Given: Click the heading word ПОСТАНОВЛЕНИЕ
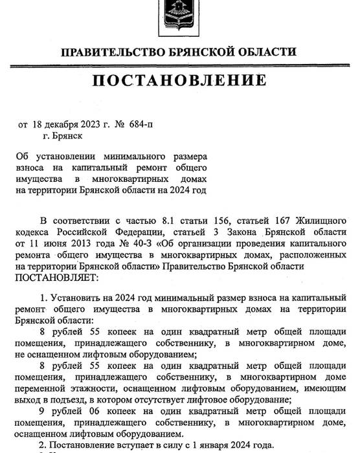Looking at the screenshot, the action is coord(180,80).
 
